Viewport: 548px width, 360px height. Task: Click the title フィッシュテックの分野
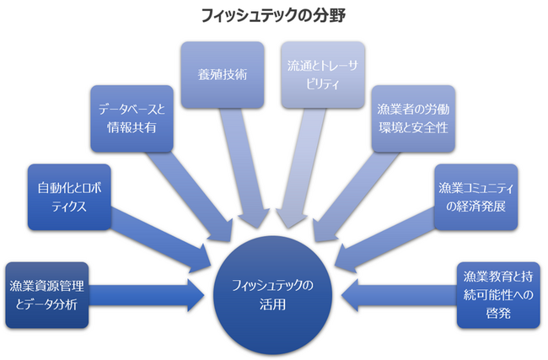click(273, 15)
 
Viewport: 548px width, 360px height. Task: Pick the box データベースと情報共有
click(132, 120)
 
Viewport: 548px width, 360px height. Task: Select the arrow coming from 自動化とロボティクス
click(160, 244)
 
